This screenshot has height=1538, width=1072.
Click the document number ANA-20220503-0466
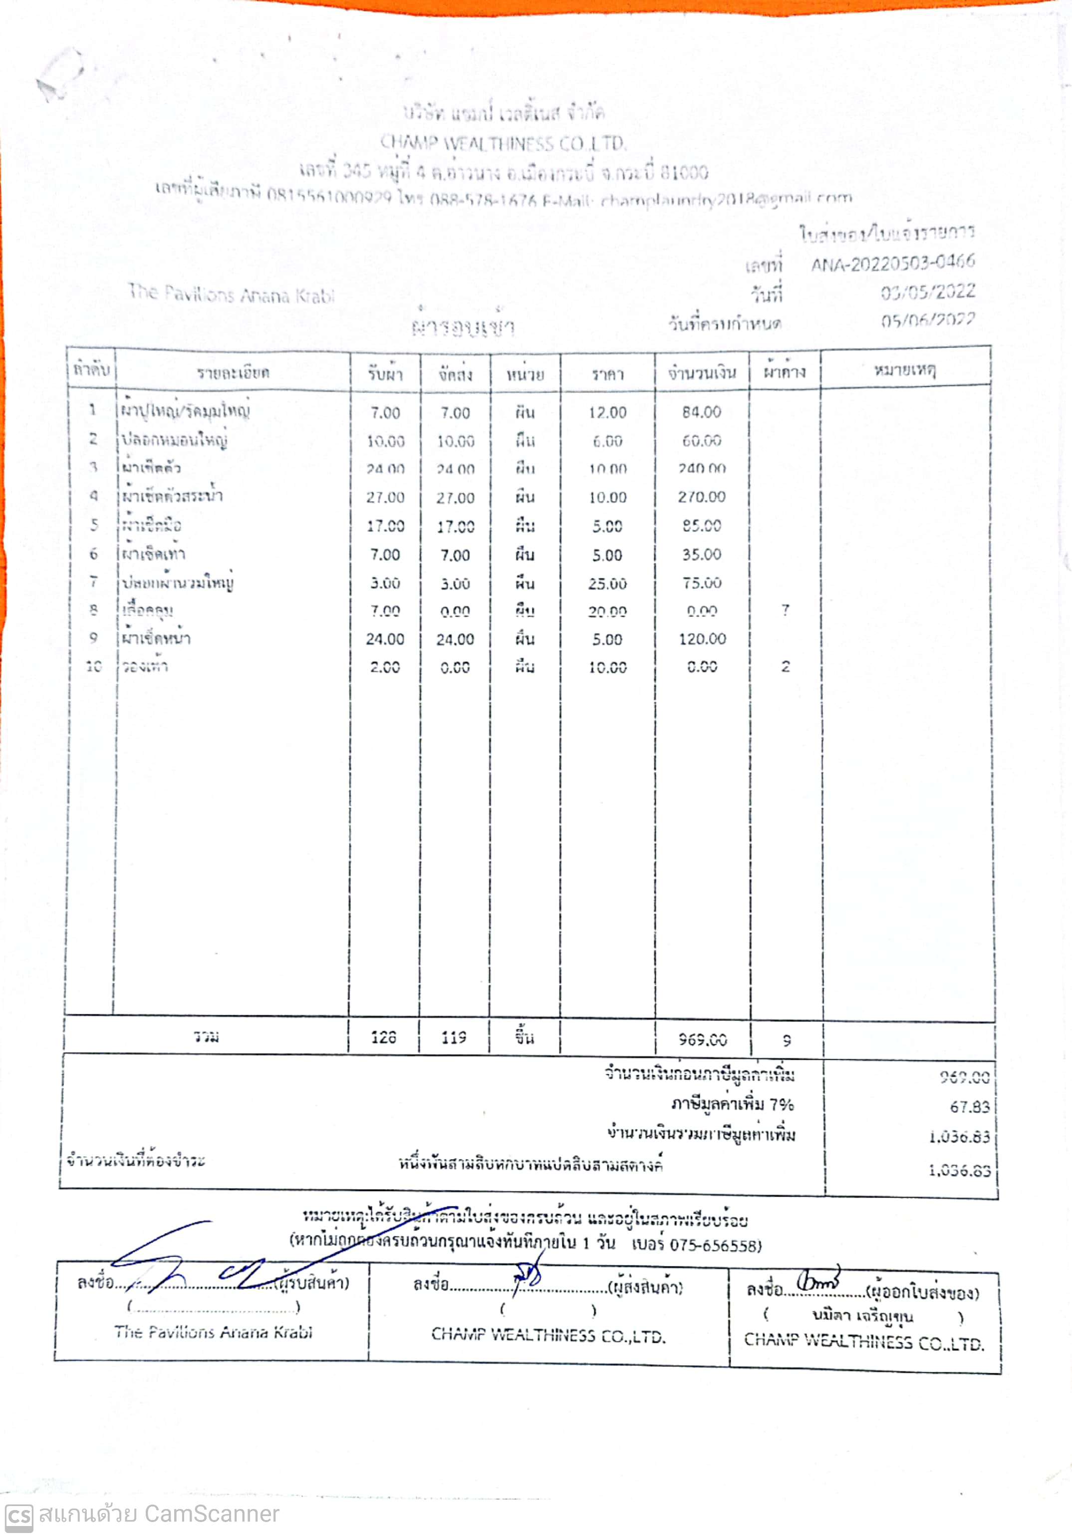pos(892,263)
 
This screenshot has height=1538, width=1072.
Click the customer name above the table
pos(231,294)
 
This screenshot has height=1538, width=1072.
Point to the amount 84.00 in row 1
pos(701,412)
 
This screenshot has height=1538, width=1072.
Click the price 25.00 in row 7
pos(607,584)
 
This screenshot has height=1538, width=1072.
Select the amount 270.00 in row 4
pos(701,497)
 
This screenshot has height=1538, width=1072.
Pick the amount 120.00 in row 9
pos(702,639)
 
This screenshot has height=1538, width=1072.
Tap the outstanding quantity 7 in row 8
pos(786,610)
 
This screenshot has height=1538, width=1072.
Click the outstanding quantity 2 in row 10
pos(786,667)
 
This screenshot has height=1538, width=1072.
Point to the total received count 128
pos(384,1038)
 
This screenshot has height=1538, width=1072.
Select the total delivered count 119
pos(454,1038)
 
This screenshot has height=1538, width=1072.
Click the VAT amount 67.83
pos(969,1107)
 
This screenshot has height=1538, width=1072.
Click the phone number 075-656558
pos(715,1245)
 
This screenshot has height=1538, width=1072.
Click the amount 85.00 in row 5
pos(702,526)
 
